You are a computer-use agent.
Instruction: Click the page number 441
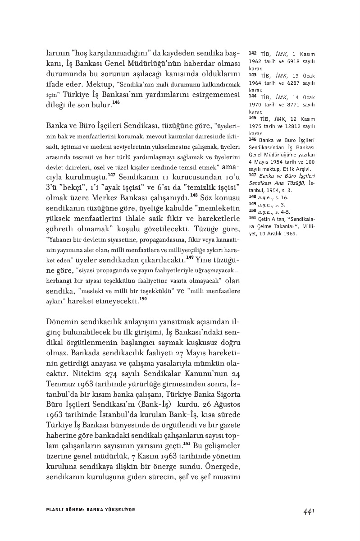pos(308,511)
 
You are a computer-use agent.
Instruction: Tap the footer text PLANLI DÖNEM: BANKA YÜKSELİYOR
pos(91,509)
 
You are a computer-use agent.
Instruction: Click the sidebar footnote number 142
pos(252,53)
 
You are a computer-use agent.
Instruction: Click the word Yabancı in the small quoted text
pos(60,241)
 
